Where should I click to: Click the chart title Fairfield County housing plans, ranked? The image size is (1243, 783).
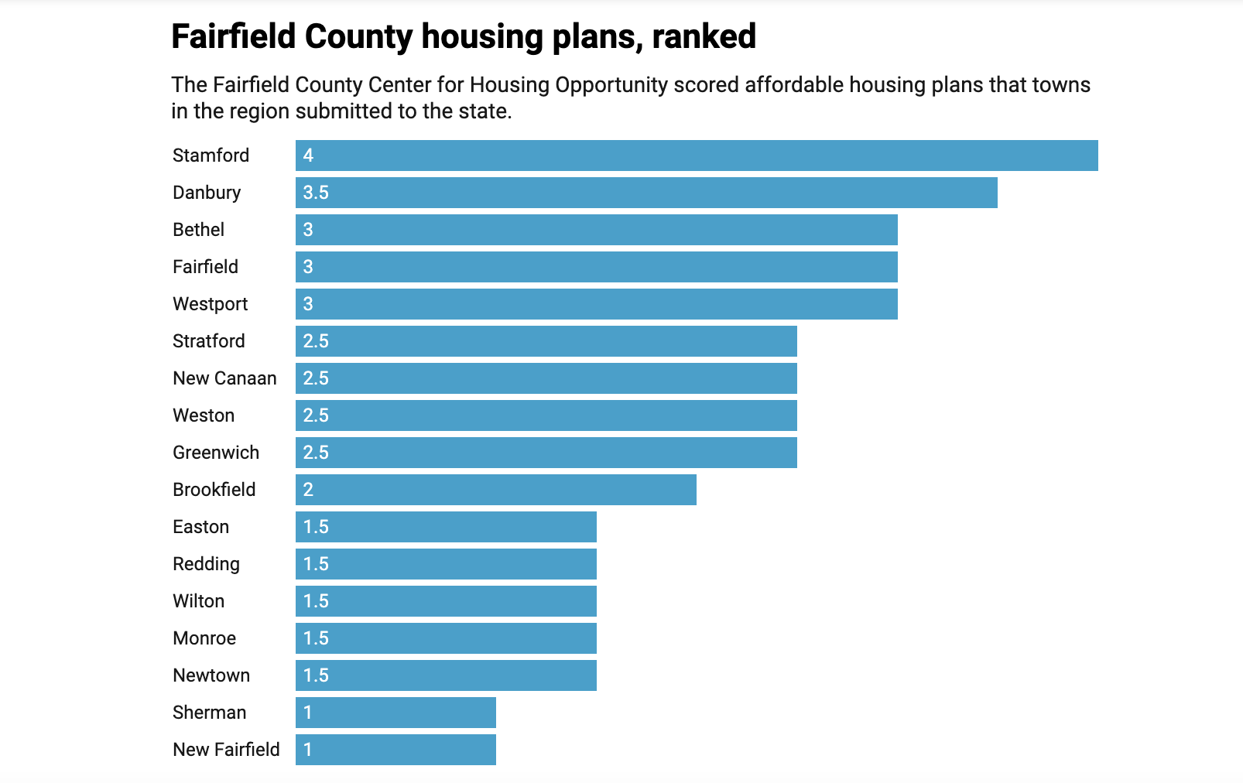pos(463,36)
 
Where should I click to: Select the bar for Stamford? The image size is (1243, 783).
pos(697,156)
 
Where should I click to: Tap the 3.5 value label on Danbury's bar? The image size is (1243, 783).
pos(316,193)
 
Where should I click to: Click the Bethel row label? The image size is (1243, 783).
pos(198,230)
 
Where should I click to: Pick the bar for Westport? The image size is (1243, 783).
pos(596,304)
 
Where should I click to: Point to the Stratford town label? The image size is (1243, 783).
pos(208,341)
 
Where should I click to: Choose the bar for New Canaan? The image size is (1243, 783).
pos(546,378)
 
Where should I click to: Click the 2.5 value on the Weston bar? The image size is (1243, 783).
pos(316,415)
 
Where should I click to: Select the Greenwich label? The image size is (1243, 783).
pos(216,453)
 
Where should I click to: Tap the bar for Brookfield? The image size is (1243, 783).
pos(495,490)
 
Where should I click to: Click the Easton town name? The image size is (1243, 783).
pos(200,527)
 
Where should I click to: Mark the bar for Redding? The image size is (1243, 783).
pos(446,564)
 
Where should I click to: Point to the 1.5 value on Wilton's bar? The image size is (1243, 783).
pos(316,601)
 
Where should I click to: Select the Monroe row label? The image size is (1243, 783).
pos(204,638)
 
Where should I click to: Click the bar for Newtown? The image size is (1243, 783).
pos(446,675)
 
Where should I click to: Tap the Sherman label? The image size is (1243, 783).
pos(209,713)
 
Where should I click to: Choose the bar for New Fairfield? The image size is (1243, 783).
pos(395,750)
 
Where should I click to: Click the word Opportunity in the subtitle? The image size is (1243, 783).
pos(611,85)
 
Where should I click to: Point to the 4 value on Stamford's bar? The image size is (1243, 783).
pos(308,156)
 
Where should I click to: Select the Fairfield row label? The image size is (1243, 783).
pos(205,267)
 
